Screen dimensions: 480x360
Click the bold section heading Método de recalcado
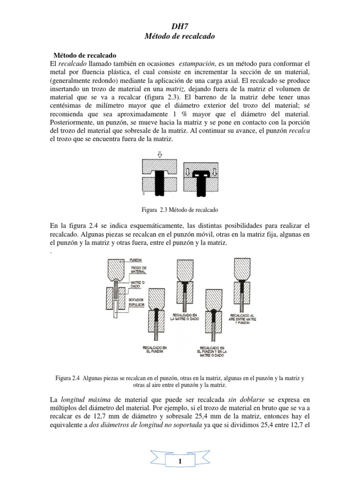click(x=85, y=54)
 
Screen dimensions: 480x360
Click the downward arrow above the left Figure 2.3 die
click(x=160, y=152)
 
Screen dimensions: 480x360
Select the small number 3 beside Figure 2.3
click(x=142, y=193)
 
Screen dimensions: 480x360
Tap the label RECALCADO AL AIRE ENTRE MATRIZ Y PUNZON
click(x=244, y=318)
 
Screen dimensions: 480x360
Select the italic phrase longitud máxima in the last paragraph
click(x=85, y=400)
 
